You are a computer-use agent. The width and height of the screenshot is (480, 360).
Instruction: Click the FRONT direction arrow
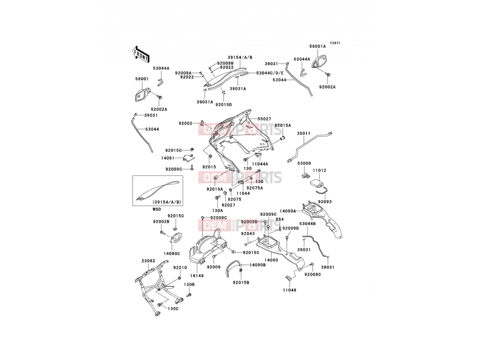coord(141,54)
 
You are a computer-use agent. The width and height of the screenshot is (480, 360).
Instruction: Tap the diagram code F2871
coord(335,43)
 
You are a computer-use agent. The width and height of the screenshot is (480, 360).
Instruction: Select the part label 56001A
coord(317,46)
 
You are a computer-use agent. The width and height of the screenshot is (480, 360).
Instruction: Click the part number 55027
coord(264,119)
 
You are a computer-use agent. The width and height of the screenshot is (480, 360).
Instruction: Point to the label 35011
coord(304,133)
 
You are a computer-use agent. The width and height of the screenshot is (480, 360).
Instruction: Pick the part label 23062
coord(148,261)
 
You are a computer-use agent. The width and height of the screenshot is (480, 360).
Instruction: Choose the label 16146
coord(197,276)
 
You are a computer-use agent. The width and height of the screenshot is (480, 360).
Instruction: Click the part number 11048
coord(289,290)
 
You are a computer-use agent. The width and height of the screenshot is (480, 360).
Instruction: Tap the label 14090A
coord(288,211)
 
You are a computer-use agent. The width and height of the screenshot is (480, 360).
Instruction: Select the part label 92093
coord(325,202)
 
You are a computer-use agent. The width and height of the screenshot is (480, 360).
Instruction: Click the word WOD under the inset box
coord(157,209)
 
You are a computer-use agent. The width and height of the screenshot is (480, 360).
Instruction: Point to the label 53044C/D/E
coord(270,73)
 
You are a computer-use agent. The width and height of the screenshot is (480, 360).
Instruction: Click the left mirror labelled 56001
coord(142,94)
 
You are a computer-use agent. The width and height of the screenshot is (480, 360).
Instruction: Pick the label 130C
coord(173,309)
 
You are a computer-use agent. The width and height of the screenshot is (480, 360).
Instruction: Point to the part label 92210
coord(180,268)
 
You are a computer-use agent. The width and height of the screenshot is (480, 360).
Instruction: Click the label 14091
coord(168,158)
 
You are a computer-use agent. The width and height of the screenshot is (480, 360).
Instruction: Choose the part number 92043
coord(248,234)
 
